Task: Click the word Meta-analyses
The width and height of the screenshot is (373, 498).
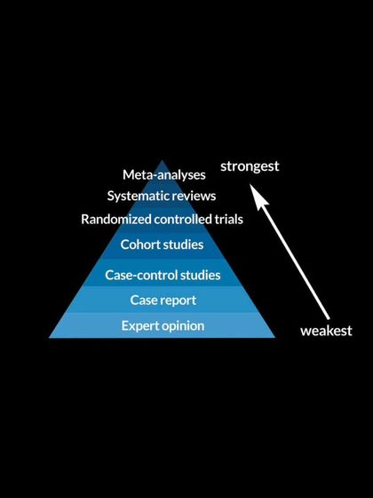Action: click(164, 175)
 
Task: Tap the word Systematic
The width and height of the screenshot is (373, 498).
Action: click(140, 196)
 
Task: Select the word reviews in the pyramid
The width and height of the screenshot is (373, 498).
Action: click(197, 196)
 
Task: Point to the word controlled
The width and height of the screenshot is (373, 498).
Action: click(184, 219)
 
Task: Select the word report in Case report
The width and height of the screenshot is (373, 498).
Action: click(177, 301)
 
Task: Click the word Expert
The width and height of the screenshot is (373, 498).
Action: click(141, 325)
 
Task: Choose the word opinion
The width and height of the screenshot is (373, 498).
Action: click(184, 326)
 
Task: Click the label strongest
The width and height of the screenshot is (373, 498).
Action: click(250, 166)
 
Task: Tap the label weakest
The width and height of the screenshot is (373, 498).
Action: click(326, 330)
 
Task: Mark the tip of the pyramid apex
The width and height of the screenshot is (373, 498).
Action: click(163, 160)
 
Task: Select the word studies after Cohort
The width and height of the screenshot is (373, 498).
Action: click(183, 244)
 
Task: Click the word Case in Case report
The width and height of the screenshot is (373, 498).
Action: click(143, 301)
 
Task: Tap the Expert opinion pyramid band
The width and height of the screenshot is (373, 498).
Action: click(89, 326)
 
